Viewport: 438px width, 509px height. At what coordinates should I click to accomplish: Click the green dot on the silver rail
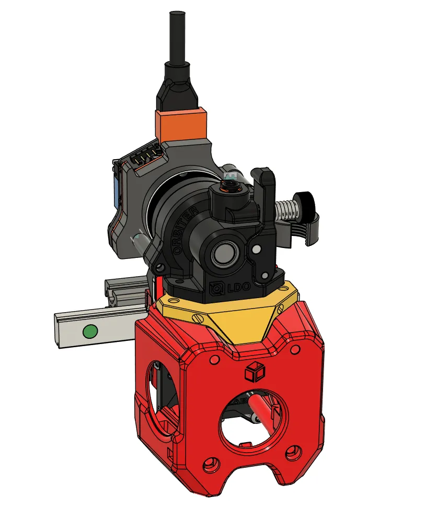(x=90, y=332)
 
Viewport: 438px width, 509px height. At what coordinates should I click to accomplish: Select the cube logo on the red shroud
(x=255, y=372)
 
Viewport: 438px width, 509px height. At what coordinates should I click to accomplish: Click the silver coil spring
(x=286, y=210)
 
